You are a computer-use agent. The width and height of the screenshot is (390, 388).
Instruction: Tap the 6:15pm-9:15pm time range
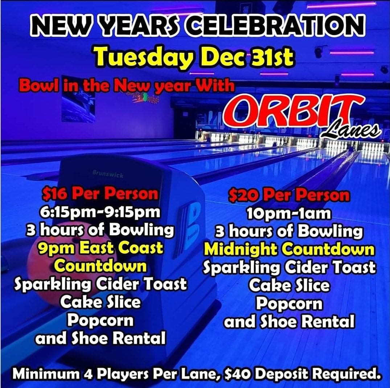tap(99, 212)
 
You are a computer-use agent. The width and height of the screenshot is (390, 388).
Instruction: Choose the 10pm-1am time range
tap(289, 214)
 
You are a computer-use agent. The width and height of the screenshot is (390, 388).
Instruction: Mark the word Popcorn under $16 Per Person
tap(100, 321)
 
